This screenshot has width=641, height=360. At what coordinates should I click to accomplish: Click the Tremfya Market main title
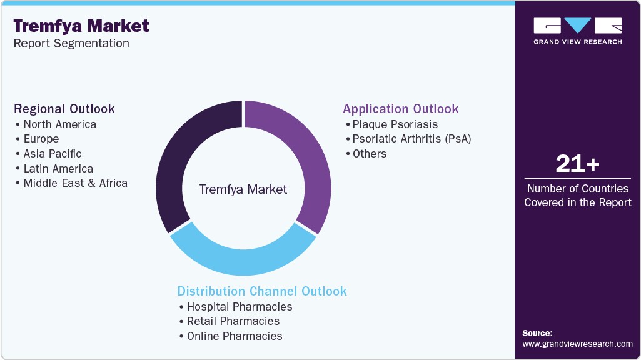click(x=81, y=26)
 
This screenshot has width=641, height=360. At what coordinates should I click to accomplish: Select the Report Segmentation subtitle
click(x=71, y=44)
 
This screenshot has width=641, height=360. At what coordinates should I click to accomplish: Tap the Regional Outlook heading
click(x=64, y=109)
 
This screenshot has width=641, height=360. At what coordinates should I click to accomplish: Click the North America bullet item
click(x=59, y=124)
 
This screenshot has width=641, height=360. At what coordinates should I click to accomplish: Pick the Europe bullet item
click(x=41, y=139)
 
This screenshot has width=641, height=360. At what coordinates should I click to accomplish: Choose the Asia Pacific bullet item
click(x=52, y=154)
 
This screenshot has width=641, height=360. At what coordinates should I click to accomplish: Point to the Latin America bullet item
click(x=58, y=169)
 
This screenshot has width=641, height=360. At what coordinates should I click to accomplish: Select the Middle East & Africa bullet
click(x=75, y=183)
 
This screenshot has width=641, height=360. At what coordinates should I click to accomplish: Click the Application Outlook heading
click(x=400, y=109)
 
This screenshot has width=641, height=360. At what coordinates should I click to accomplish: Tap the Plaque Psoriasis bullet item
click(x=395, y=124)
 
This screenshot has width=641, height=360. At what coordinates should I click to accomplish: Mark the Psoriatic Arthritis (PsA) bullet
click(x=411, y=139)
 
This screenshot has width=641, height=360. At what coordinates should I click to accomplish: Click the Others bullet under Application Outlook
click(x=369, y=154)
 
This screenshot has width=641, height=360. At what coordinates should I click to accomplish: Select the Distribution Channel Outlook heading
click(x=262, y=291)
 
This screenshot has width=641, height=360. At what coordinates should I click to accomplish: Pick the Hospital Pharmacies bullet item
click(x=239, y=307)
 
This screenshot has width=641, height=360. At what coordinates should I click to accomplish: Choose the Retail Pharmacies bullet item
click(x=233, y=321)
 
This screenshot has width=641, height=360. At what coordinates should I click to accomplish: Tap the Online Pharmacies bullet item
click(x=234, y=336)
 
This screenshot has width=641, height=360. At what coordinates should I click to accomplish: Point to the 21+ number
click(x=577, y=164)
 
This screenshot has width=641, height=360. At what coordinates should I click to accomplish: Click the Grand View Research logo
click(x=577, y=31)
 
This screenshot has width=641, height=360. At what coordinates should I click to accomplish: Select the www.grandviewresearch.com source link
click(x=577, y=344)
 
